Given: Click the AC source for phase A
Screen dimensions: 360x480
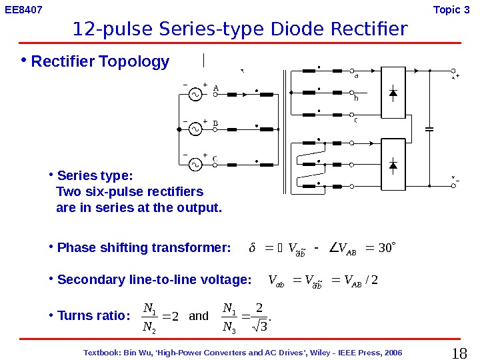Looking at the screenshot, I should click(x=195, y=95).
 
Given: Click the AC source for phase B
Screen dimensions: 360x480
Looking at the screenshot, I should click(x=195, y=129).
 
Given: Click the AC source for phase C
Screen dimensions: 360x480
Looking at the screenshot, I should click(x=195, y=164).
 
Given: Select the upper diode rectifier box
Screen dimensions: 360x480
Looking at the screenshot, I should click(x=393, y=93).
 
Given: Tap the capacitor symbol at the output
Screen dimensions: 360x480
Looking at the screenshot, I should click(x=429, y=128).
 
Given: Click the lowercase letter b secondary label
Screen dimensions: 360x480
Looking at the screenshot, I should click(x=356, y=99).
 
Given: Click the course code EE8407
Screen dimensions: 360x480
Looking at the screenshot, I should click(x=23, y=9).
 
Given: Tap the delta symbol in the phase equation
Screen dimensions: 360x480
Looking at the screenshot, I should click(x=251, y=249).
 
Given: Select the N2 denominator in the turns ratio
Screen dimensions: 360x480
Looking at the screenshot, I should click(x=149, y=326).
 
